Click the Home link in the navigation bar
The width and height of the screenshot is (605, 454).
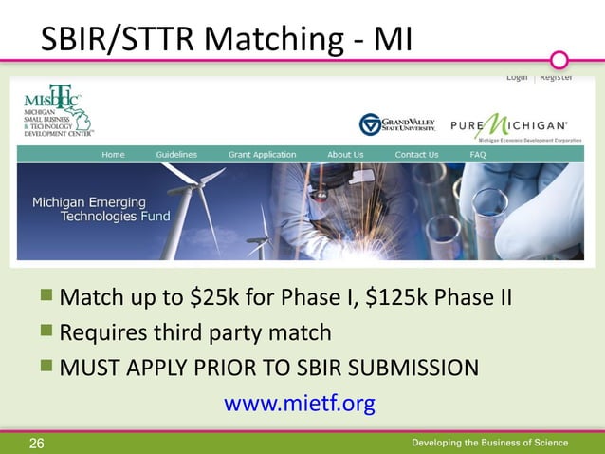pos(114,155)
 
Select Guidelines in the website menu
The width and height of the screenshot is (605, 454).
pos(176,155)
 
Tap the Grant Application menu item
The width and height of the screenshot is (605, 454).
pos(262,155)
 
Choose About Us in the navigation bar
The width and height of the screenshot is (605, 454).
pos(345,155)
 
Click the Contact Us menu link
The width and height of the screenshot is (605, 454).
pos(416,155)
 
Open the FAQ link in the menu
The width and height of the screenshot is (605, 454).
pos(478,155)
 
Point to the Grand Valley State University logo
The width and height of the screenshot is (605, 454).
pos(396,123)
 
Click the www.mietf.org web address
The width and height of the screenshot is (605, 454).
pos(299,405)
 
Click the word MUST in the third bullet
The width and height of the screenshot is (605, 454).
pos(88,368)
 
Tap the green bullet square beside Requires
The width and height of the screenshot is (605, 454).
pos(46,332)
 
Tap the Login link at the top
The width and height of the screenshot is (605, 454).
pos(517,77)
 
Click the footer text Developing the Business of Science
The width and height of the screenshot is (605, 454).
pos(490,443)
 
